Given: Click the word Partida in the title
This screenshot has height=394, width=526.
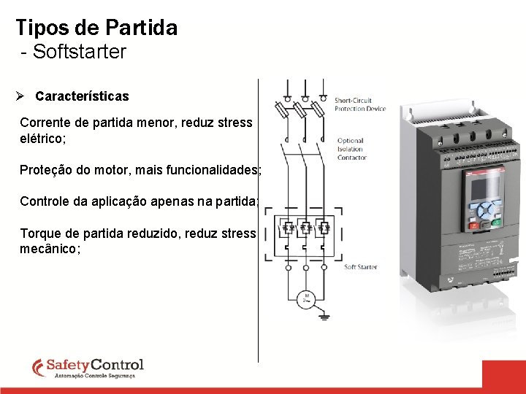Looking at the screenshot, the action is point(141,28).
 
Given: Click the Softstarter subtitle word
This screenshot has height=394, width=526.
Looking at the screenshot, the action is point(80,53).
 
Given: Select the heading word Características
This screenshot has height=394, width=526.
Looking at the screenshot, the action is point(82,96).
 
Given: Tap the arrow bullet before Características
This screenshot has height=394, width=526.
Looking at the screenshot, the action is point(21,96).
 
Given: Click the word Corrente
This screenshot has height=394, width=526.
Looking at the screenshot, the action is point(44,122).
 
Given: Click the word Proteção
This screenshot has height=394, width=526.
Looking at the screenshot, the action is point(46,170).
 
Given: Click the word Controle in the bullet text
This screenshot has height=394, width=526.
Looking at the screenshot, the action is point(45,201).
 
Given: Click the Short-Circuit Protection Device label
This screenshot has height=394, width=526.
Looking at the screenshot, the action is point(359,104).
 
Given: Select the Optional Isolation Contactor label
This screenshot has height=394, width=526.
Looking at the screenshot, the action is point(351,149).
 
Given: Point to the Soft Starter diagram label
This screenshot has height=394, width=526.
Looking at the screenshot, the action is point(360,267).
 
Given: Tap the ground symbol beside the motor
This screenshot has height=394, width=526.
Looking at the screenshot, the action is point(324,316).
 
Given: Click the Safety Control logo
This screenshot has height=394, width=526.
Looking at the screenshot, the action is point(88,368).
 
